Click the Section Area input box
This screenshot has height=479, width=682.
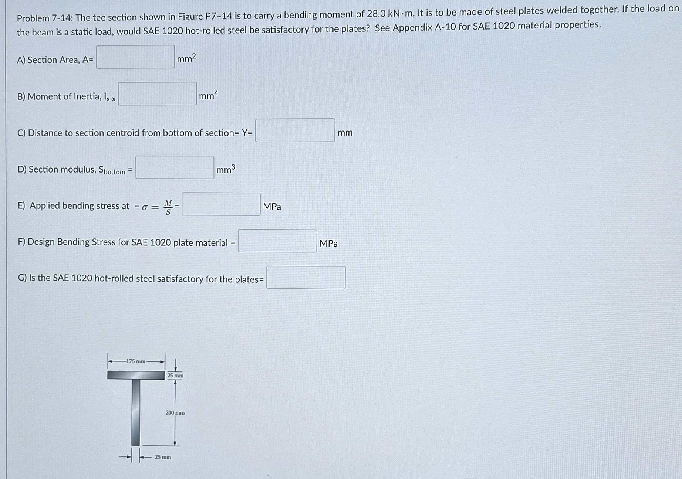tap(135, 57)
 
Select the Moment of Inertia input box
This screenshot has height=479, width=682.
tap(157, 94)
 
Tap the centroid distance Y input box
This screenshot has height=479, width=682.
tap(295, 130)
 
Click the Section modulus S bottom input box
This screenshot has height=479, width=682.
tap(175, 167)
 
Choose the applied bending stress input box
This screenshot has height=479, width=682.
tap(221, 204)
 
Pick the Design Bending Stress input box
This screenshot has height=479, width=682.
tap(277, 241)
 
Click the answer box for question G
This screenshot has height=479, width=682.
tap(306, 278)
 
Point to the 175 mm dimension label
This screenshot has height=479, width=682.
tap(136, 361)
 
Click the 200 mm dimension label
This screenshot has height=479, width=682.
tap(175, 412)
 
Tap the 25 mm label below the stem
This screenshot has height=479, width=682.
tap(163, 457)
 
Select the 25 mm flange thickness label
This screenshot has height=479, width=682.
tap(175, 376)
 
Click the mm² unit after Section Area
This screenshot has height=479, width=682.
tap(186, 58)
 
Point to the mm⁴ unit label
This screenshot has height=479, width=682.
tap(209, 95)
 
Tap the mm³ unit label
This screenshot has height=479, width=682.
tap(226, 169)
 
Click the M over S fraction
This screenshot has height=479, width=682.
tap(168, 207)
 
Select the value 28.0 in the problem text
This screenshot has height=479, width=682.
tap(376, 14)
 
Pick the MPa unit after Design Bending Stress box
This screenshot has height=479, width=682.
tap(328, 243)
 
